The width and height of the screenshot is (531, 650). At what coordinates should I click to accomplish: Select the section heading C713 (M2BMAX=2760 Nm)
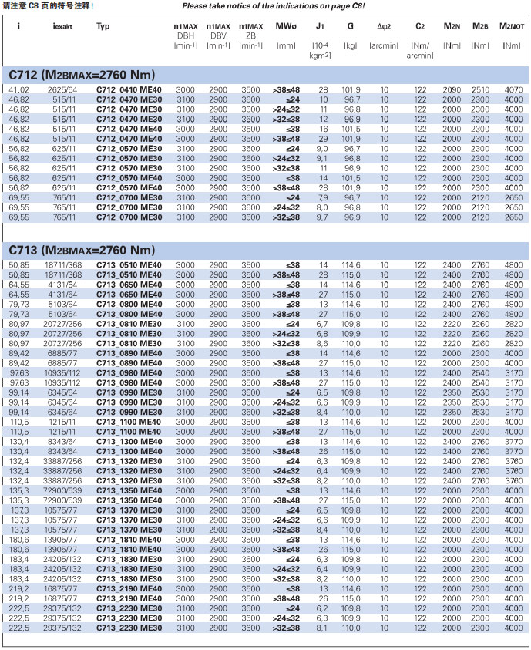click(82, 251)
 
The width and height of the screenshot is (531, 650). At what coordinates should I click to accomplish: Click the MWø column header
click(285, 26)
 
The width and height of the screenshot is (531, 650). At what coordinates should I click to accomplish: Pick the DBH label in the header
click(186, 35)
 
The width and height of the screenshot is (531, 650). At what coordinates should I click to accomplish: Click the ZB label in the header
click(250, 35)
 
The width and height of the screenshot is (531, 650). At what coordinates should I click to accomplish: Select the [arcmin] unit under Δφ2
click(384, 45)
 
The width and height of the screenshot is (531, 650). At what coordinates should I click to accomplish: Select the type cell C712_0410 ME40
click(129, 90)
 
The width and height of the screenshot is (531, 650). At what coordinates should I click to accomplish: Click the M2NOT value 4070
click(513, 90)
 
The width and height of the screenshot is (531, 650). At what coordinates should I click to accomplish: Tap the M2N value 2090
click(452, 90)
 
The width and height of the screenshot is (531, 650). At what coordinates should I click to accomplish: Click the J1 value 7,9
click(322, 198)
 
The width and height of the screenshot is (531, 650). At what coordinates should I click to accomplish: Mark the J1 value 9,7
click(322, 218)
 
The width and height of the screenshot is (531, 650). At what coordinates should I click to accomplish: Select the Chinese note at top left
click(48, 6)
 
